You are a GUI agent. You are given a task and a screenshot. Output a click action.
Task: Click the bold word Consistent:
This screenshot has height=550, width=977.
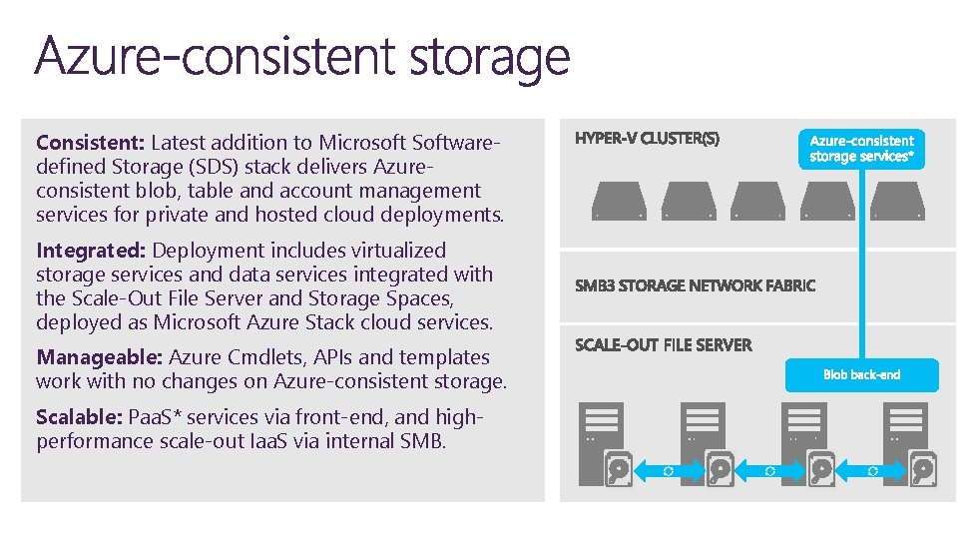pyautogui.click(x=90, y=143)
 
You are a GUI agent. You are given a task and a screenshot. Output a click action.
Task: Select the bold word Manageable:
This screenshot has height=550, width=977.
pyautogui.click(x=99, y=357)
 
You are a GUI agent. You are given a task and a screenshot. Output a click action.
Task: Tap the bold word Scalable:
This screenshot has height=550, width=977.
pyautogui.click(x=77, y=417)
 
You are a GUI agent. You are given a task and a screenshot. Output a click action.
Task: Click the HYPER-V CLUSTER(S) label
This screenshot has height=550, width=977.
pyautogui.click(x=647, y=139)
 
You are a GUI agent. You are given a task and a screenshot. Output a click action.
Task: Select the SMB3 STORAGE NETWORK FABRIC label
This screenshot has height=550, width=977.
pyautogui.click(x=695, y=285)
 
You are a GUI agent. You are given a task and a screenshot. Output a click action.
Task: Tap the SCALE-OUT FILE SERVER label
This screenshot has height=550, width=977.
pyautogui.click(x=663, y=345)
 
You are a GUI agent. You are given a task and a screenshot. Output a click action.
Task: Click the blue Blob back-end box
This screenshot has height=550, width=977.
pyautogui.click(x=862, y=374)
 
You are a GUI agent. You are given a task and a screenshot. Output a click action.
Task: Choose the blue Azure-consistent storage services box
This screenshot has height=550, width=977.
pyautogui.click(x=861, y=149)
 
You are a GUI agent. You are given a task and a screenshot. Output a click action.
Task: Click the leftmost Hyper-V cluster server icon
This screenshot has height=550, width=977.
pyautogui.click(x=619, y=200)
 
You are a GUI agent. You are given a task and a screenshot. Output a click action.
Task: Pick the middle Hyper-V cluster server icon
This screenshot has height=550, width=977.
pyautogui.click(x=757, y=200)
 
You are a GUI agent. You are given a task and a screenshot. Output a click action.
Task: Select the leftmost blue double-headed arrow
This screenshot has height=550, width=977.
pyautogui.click(x=668, y=469)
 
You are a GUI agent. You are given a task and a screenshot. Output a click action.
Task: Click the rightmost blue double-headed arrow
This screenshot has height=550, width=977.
pyautogui.click(x=873, y=469)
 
